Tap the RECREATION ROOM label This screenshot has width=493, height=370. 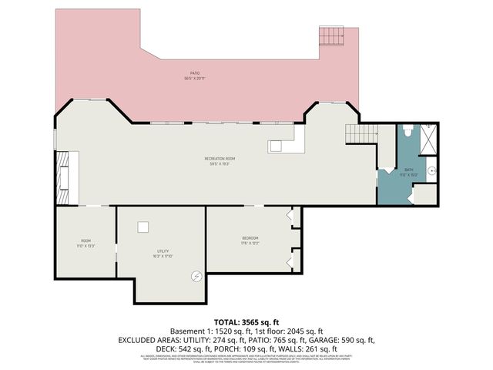pos(218,158)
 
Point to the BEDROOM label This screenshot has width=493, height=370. pos(250,237)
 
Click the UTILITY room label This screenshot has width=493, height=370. pos(162,251)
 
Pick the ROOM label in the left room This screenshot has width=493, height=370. pos(86,240)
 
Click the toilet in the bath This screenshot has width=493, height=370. pos(408,132)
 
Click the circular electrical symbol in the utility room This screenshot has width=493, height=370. pos(196,275)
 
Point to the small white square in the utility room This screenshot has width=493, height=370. pos(143,227)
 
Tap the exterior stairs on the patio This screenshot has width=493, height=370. pos(331,36)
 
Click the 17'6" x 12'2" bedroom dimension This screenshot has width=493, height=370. pos(250,243)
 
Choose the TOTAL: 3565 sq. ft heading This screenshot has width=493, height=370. pos(246,321)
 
